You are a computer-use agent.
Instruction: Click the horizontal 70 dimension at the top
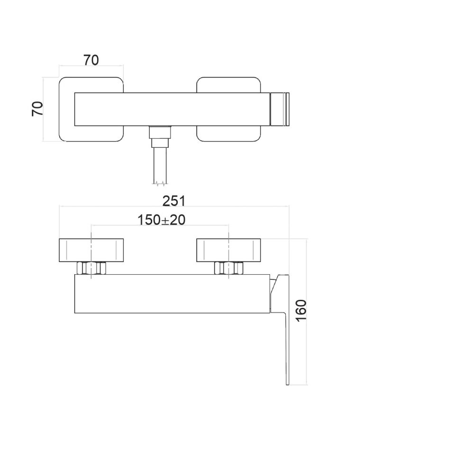pyautogui.click(x=91, y=61)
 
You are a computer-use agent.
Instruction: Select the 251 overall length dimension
pyautogui.click(x=174, y=201)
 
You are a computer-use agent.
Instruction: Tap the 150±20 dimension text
pyautogui.click(x=161, y=220)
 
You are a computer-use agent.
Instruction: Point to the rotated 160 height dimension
pyautogui.click(x=301, y=311)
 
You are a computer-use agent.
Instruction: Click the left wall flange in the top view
pyautogui.click(x=66, y=109)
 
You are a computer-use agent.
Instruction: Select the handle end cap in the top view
pyautogui.click(x=279, y=109)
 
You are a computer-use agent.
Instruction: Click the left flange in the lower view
pyautogui.click(x=91, y=250)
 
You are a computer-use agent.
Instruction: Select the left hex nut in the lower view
pyautogui.click(x=91, y=268)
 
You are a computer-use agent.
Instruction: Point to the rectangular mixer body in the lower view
pyautogui.click(x=171, y=294)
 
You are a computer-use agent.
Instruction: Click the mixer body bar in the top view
pyautogui.click(x=171, y=109)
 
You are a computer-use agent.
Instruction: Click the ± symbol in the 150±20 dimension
pyautogui.click(x=165, y=220)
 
